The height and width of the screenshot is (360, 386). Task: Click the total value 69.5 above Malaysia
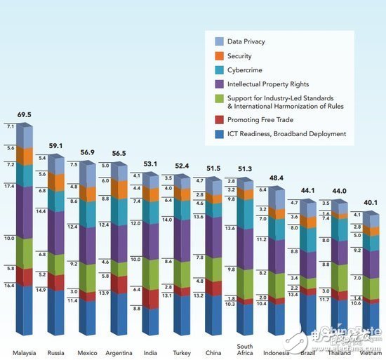tap(24, 113)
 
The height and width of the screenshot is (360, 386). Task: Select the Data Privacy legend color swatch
tap(218, 41)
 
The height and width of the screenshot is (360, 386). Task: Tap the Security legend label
tap(239, 56)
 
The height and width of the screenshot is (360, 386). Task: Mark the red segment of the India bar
tap(149, 298)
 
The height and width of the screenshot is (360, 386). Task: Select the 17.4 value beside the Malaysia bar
tap(10, 186)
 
